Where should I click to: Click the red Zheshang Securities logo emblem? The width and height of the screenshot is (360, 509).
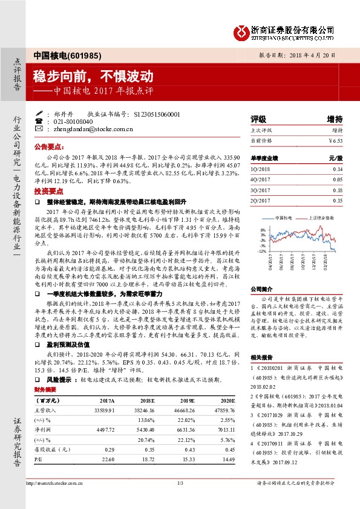(x=241, y=30)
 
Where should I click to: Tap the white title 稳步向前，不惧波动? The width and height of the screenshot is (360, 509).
(x=93, y=76)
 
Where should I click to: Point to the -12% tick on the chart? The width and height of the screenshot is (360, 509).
(x=261, y=250)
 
